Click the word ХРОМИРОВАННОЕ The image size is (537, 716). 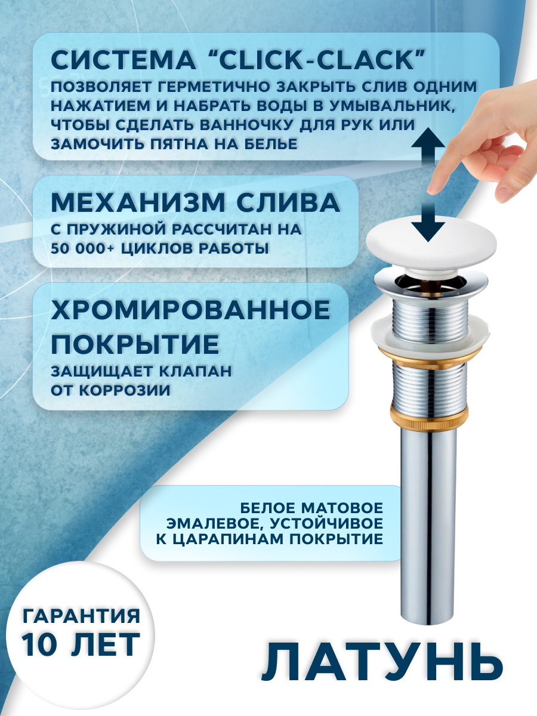click(190, 310)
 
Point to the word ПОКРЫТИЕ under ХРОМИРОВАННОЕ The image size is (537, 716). click(134, 344)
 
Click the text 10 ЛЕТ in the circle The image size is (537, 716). click(81, 643)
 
